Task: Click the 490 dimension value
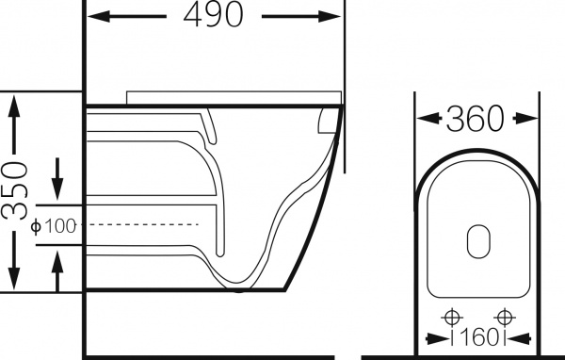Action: pyautogui.click(x=214, y=14)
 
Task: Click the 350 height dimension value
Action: pyautogui.click(x=14, y=190)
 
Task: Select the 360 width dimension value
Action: pyautogui.click(x=475, y=119)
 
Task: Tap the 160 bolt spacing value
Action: pyautogui.click(x=479, y=337)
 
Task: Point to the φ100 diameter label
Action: pyautogui.click(x=54, y=226)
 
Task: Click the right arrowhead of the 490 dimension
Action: pyautogui.click(x=329, y=16)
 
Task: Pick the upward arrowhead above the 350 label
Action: pyautogui.click(x=14, y=106)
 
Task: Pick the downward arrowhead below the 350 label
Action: pyautogui.click(x=14, y=278)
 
